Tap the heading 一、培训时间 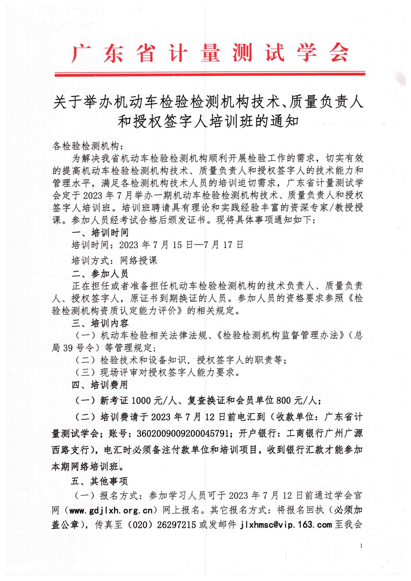(100, 232)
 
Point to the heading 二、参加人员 (100, 274)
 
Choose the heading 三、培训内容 (100, 323)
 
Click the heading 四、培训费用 (100, 385)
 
